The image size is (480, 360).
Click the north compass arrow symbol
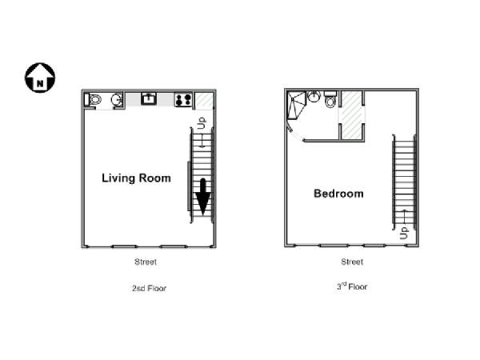(x=40, y=78)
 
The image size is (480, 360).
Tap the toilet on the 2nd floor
(x=94, y=99)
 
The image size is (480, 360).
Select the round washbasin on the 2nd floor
(x=116, y=99)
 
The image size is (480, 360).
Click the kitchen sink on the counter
(x=149, y=98)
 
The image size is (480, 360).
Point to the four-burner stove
(x=183, y=99)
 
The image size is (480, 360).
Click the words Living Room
(x=136, y=178)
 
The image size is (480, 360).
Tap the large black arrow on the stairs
(x=202, y=197)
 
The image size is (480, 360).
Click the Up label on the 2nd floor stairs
(x=202, y=123)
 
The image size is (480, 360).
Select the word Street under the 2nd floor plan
(x=146, y=262)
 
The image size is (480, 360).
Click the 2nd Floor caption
(x=149, y=288)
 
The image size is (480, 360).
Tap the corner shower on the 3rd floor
(x=297, y=105)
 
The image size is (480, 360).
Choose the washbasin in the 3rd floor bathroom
(x=314, y=97)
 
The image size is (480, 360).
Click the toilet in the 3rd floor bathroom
(x=330, y=99)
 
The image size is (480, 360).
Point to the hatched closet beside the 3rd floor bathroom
(x=351, y=114)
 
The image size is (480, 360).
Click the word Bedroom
(x=338, y=194)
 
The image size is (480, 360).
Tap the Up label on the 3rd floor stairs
(x=404, y=233)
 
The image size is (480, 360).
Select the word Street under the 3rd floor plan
(x=352, y=262)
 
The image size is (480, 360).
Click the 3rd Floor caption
(x=352, y=286)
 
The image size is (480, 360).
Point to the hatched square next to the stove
(x=204, y=100)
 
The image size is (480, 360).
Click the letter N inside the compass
(x=40, y=83)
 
